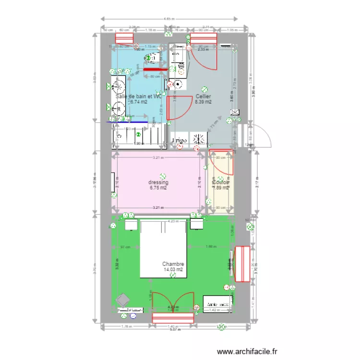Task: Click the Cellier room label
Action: (x=204, y=96)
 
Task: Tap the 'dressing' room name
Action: (x=158, y=182)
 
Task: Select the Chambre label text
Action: (x=173, y=264)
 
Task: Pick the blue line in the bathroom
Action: (x=127, y=122)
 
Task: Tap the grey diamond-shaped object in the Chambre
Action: (x=122, y=300)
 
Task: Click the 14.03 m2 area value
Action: (x=173, y=270)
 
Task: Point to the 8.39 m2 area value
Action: (x=204, y=102)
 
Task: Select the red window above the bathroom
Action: (x=124, y=38)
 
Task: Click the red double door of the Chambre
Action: (x=173, y=317)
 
